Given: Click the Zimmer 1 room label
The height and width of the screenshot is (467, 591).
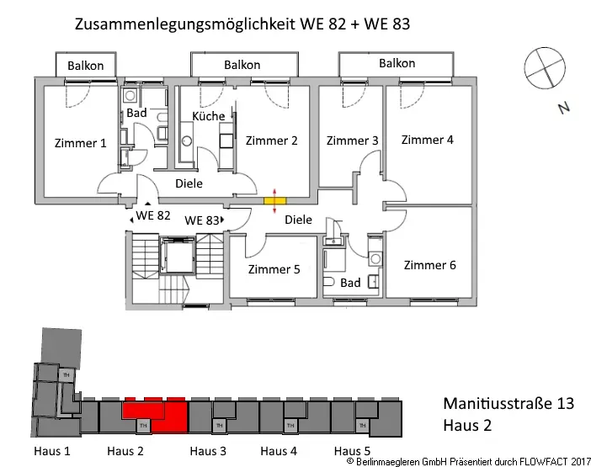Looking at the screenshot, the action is click(80, 143).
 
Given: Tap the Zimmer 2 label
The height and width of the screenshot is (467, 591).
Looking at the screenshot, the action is click(271, 141).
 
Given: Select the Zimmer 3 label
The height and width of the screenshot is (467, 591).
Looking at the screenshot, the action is click(352, 141).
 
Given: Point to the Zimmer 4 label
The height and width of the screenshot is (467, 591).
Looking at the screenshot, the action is click(427, 140).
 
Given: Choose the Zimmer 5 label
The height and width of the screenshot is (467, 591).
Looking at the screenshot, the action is click(274, 269).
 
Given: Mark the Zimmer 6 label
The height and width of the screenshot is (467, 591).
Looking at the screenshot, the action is click(429, 265).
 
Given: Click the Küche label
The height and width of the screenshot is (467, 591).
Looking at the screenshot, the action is click(209, 116).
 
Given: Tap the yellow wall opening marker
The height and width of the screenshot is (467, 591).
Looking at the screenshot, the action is click(274, 201).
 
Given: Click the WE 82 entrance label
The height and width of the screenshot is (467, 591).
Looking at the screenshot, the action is click(153, 215).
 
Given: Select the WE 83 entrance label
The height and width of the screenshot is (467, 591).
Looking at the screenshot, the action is click(202, 220).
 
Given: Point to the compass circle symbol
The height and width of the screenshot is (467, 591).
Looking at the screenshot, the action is click(545, 68).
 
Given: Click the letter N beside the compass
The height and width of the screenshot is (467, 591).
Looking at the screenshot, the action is click(564, 109).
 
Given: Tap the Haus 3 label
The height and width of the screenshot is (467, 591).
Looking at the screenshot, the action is click(208, 451).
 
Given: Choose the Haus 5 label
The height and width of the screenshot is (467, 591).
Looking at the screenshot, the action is click(352, 451).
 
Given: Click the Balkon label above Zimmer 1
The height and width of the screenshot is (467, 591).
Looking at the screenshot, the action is click(86, 66).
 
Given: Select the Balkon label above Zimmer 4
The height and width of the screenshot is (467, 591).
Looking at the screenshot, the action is click(397, 63).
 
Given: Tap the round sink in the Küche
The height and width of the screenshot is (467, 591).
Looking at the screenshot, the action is click(187, 141).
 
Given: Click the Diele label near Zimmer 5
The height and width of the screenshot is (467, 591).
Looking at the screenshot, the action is click(298, 220).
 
